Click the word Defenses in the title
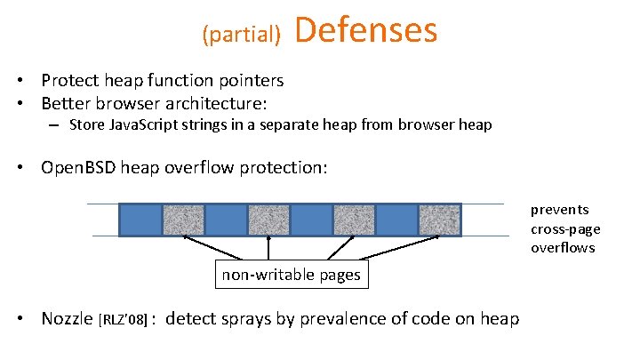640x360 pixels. point(365,29)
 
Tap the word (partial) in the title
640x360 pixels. point(241,35)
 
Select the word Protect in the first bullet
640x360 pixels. point(72,81)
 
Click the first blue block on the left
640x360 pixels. point(140,219)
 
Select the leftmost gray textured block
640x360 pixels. point(183,219)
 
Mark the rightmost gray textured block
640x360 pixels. point(439,219)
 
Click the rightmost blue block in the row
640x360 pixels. point(396,219)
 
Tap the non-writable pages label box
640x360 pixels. point(291,275)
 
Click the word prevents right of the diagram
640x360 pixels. point(559,210)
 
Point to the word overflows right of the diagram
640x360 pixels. point(563,247)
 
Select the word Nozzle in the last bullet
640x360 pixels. point(68,318)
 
